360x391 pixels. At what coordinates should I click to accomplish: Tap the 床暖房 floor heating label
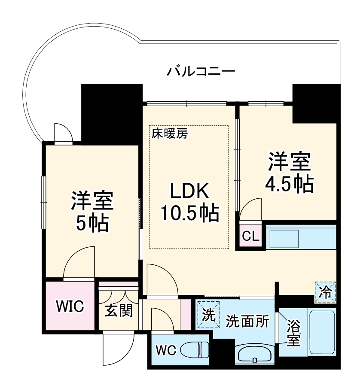[x=170, y=133]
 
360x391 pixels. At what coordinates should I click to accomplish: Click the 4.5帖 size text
[x=289, y=184]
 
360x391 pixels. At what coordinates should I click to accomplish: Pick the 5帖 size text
[x=92, y=223]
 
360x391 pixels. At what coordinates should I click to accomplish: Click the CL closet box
[x=250, y=236]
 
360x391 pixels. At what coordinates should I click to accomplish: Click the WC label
[x=165, y=350]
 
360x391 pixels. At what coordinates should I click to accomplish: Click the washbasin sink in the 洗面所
[x=254, y=355]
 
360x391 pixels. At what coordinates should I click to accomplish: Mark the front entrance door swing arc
[x=119, y=350]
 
